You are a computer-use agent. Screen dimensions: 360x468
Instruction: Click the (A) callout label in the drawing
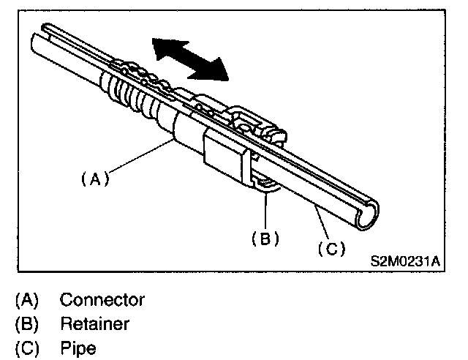point(94,179)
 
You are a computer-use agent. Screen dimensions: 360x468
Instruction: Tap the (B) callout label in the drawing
point(265,238)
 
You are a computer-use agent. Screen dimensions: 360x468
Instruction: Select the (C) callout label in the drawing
point(331,249)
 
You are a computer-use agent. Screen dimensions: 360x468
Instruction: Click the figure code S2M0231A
point(407,259)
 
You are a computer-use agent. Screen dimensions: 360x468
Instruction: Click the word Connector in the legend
point(102,299)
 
